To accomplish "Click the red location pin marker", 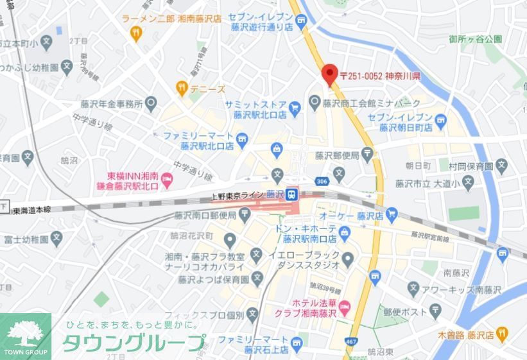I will pyautogui.click(x=329, y=75).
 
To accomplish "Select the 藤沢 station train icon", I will pyautogui.click(x=291, y=193).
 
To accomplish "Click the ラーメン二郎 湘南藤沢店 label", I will pyautogui.click(x=171, y=19).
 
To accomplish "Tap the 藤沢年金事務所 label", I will pyautogui.click(x=108, y=103).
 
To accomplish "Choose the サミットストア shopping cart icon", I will pyautogui.click(x=295, y=108).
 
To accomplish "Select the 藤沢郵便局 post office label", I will pyautogui.click(x=334, y=155).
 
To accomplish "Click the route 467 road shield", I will pyautogui.click(x=351, y=341).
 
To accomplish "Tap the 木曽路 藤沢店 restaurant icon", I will pyautogui.click(x=502, y=333).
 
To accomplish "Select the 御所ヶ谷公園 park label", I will pyautogui.click(x=476, y=39).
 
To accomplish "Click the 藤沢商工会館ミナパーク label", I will pyautogui.click(x=372, y=103).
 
